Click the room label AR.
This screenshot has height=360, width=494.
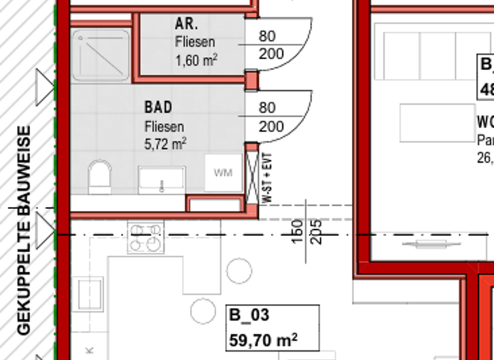pyautogui.click(x=187, y=24)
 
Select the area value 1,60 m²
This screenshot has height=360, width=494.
pyautogui.click(x=196, y=61)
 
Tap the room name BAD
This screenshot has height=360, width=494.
pyautogui.click(x=158, y=107)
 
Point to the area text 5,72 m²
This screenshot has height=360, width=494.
pyautogui.click(x=165, y=144)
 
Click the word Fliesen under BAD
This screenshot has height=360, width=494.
pyautogui.click(x=164, y=127)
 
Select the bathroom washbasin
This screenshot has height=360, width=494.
pyautogui.click(x=161, y=179)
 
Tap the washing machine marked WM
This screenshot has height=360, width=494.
pyautogui.click(x=223, y=172)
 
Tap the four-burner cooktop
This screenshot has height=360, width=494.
pyautogui.click(x=145, y=237)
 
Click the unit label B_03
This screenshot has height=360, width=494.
pyautogui.click(x=249, y=315)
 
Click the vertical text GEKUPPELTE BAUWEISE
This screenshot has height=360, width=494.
pyautogui.click(x=24, y=230)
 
